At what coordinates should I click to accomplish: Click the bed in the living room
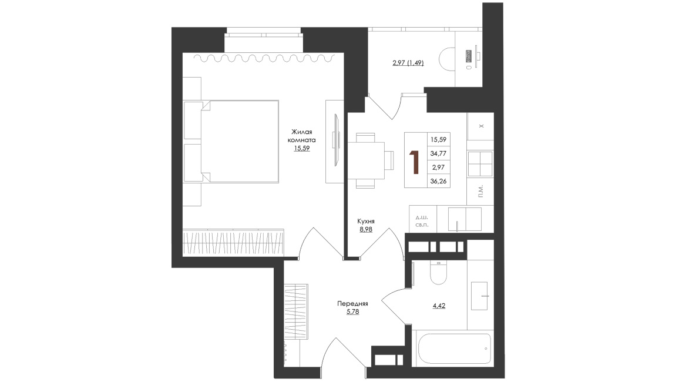pos(231,142)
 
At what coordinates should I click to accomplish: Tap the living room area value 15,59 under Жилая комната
pos(302,149)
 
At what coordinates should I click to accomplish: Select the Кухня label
pos(366,222)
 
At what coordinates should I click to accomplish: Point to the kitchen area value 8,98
pos(366,230)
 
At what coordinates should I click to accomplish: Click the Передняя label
pos(352,304)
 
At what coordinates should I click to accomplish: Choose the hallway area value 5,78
pos(352,312)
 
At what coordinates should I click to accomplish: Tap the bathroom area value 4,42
pos(439,306)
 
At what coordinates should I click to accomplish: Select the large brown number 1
pos(415,162)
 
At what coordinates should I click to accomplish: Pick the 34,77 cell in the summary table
pos(438,153)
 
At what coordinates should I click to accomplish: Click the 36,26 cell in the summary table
pos(438,182)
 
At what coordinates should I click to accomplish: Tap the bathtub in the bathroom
pos(454,349)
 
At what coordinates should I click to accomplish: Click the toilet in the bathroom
pos(438,273)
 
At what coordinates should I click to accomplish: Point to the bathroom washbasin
pos(479,296)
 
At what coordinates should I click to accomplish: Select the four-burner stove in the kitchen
pos(480,164)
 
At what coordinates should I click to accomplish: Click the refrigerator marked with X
pos(480,126)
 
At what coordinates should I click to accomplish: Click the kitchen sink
pos(465,219)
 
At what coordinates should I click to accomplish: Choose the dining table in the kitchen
pos(366,160)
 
